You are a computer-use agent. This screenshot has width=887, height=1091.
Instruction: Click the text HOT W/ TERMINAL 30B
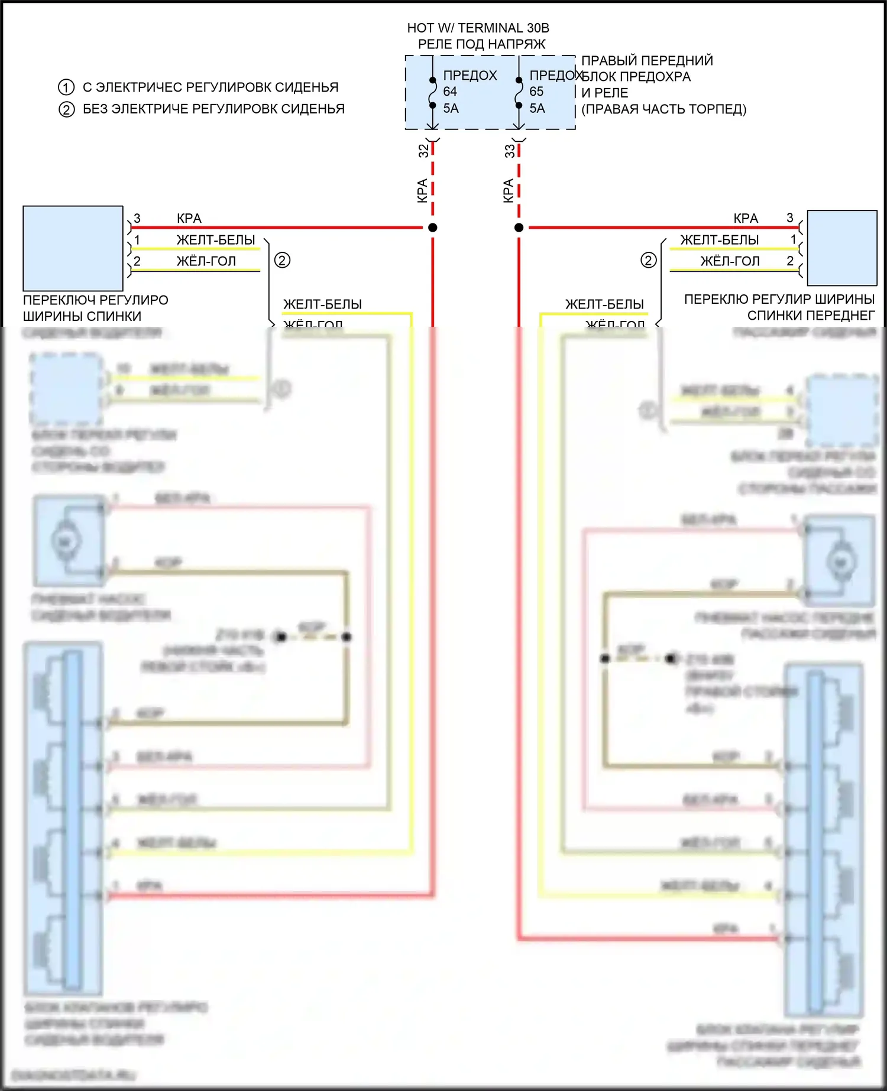click(478, 28)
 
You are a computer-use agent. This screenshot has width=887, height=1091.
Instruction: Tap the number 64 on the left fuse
click(450, 92)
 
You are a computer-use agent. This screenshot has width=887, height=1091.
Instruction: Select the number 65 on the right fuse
click(536, 92)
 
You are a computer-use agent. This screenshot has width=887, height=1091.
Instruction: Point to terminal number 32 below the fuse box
click(423, 151)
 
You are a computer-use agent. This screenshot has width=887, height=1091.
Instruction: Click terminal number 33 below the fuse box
click(510, 151)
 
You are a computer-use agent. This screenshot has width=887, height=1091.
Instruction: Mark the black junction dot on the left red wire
click(433, 228)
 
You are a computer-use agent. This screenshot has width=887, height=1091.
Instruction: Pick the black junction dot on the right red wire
click(519, 228)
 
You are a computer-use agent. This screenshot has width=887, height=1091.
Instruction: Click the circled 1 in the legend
click(66, 87)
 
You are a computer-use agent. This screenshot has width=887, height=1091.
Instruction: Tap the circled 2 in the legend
click(66, 109)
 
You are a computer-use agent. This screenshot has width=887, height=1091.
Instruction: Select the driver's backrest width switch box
click(73, 248)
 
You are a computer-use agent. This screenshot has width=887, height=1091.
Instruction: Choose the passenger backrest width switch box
click(842, 248)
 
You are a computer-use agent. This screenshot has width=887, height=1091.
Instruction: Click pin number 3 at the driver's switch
click(137, 219)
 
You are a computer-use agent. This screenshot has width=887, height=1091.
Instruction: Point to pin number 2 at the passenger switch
click(790, 261)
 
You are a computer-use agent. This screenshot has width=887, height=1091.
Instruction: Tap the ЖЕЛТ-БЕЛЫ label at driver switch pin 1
click(216, 240)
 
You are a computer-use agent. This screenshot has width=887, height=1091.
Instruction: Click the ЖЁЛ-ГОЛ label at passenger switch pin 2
click(730, 261)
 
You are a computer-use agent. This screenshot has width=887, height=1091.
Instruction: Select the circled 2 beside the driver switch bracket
click(282, 260)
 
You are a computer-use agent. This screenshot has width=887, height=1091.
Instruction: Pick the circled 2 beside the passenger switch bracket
click(649, 260)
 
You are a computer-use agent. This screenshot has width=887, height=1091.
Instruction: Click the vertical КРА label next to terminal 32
click(422, 190)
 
